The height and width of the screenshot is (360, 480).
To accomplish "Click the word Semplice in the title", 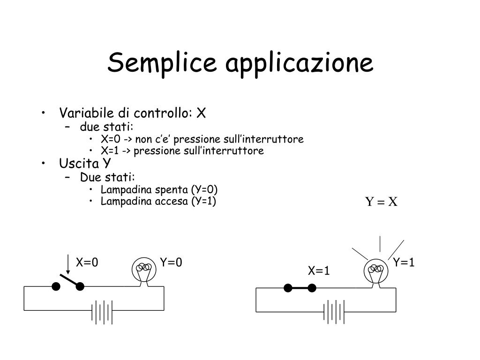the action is [x=162, y=63].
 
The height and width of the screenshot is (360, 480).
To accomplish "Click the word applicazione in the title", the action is [x=300, y=65].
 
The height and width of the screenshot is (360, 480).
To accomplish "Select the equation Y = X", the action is [x=381, y=202].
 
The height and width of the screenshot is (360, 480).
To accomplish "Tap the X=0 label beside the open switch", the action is [x=87, y=262].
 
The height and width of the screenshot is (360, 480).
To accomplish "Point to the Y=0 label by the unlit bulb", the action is [x=171, y=262].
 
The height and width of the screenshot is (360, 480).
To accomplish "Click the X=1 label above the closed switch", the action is [x=319, y=270].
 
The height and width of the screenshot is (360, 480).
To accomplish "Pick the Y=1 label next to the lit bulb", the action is [x=404, y=262].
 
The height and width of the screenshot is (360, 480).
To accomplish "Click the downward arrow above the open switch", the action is [x=68, y=264].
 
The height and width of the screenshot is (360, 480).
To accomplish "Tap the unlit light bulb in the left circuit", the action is [x=144, y=271].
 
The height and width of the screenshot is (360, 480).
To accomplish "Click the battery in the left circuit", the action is [x=102, y=312].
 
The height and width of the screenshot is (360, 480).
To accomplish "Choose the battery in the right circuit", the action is [x=334, y=312].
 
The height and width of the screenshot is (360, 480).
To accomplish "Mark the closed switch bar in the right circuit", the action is [x=300, y=288].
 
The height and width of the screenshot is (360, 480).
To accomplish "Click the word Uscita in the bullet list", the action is [x=79, y=164].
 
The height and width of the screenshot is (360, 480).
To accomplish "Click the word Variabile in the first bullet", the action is [x=86, y=113].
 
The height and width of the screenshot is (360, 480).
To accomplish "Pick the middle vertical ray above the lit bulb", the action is [x=380, y=244].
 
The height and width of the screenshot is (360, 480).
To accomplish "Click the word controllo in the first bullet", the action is [x=161, y=113].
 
